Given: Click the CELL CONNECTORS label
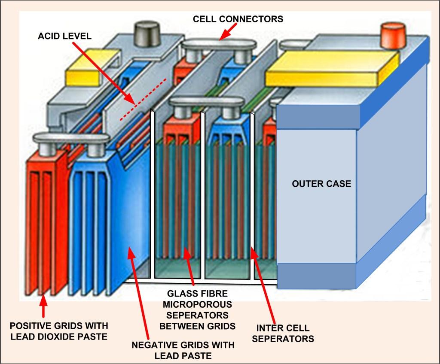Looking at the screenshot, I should tap(238, 19).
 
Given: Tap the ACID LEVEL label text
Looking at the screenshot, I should tap(64, 36).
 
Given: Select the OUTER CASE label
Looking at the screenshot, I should tap(321, 184).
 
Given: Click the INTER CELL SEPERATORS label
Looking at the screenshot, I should tap(283, 334).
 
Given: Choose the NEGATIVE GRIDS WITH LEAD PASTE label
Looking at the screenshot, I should tap(183, 350).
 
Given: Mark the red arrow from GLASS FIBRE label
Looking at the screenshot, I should tap(189, 266).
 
